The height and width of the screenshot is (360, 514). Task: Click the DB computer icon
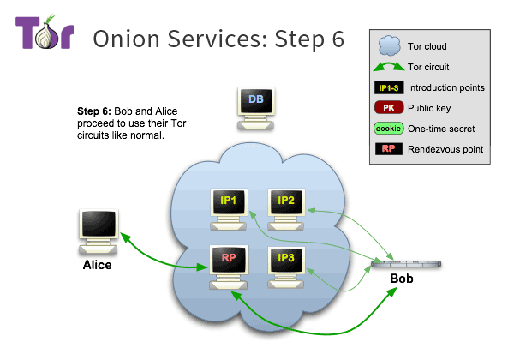click(255, 108)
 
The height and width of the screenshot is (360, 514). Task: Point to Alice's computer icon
click(96, 230)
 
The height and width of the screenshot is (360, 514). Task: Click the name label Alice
click(97, 266)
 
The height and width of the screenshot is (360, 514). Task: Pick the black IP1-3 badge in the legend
click(388, 87)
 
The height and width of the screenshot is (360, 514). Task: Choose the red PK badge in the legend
click(388, 108)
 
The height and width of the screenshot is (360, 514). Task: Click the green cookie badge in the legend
click(388, 129)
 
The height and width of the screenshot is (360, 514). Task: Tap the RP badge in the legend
click(388, 149)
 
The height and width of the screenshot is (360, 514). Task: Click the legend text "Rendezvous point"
click(445, 149)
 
